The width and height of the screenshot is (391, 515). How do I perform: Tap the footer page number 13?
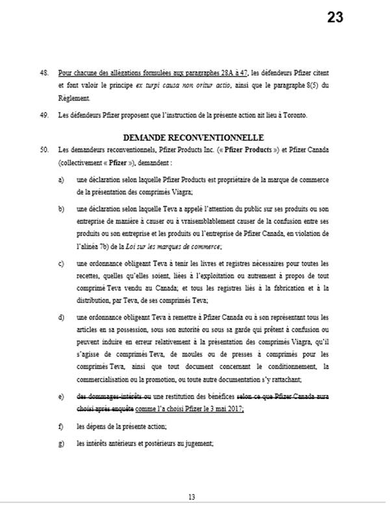pos(192,496)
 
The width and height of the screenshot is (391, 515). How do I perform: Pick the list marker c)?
pos(60,263)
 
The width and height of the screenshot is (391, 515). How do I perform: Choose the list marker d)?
pos(60,317)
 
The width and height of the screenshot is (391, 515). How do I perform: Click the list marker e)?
pos(60,396)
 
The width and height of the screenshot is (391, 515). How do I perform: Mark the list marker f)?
pos(60,426)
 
